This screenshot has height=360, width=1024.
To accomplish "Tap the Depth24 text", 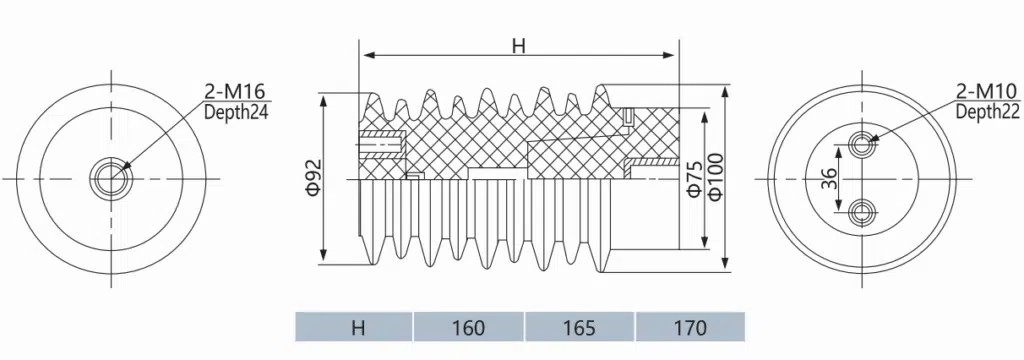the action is [x=236, y=112].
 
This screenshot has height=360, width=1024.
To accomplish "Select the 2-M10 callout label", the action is [x=985, y=91].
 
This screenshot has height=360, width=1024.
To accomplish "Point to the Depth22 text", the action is [x=987, y=112].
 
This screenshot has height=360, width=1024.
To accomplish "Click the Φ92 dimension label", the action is [x=313, y=176].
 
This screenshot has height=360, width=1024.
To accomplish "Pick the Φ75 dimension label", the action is [x=694, y=179].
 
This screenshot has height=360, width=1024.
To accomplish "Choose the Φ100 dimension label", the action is [x=714, y=176].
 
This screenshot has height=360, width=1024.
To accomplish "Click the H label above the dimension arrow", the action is [x=519, y=45].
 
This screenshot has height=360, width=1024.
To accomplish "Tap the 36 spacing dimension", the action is [x=828, y=178].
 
